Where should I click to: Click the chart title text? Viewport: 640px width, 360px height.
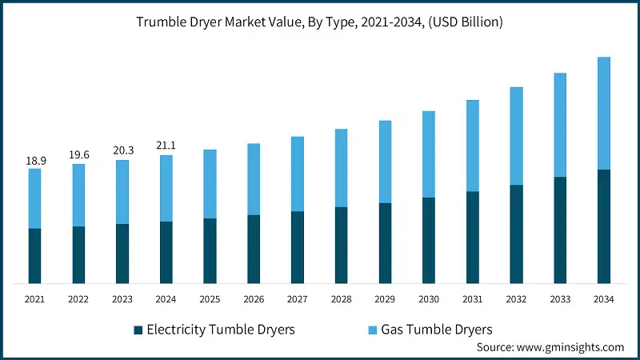(x=320, y=22)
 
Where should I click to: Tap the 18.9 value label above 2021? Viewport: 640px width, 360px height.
(x=35, y=161)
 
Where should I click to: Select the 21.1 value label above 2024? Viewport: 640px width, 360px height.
(x=166, y=145)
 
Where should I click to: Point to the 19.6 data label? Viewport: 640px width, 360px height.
(x=78, y=155)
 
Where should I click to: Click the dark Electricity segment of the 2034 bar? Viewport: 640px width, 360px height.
(x=605, y=226)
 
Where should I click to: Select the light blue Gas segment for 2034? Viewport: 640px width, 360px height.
(x=605, y=113)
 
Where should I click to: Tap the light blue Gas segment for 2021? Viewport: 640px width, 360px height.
(x=35, y=198)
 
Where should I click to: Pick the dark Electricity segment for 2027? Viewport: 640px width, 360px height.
(x=298, y=247)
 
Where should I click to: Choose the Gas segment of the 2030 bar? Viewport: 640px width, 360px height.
(x=429, y=154)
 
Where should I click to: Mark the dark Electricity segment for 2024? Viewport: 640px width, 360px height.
(x=166, y=252)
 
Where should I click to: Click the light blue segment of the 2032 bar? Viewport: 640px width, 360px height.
(x=517, y=136)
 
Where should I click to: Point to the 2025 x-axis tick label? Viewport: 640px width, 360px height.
(x=210, y=299)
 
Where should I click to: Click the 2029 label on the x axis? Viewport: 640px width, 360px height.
(x=385, y=299)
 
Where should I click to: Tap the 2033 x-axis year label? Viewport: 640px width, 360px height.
(x=561, y=299)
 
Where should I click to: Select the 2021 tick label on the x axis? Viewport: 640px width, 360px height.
(x=35, y=299)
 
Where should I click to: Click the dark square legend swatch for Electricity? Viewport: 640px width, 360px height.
(x=138, y=330)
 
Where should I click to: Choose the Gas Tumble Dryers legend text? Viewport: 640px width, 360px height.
(x=437, y=329)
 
